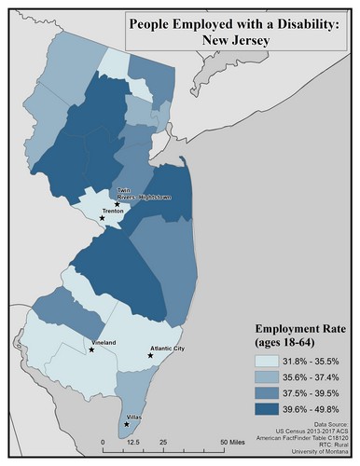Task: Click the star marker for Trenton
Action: (116, 218)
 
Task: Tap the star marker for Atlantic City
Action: (150, 355)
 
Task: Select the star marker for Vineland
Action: (91, 349)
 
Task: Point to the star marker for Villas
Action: (127, 424)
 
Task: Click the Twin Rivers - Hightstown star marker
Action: (118, 203)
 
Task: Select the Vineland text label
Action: (104, 343)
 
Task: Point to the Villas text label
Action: (137, 418)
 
